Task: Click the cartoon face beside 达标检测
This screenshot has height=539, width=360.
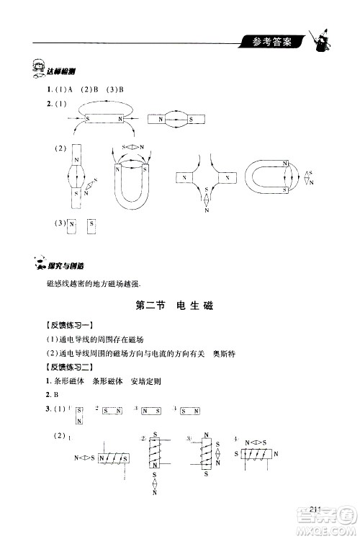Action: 32,68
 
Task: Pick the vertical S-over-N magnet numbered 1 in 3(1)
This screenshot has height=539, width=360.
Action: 78,416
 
